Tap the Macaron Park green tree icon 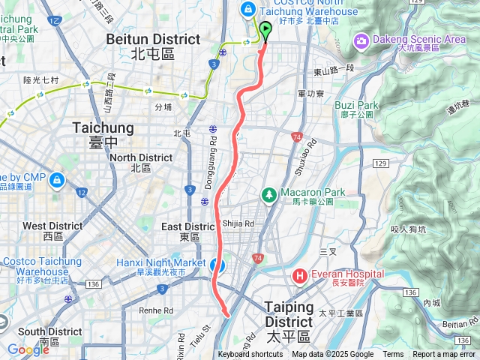[268, 194]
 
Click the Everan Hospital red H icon [301, 275]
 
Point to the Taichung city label [103, 134]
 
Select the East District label [188, 231]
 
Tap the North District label [141, 163]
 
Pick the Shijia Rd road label [238, 223]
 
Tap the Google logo [28, 349]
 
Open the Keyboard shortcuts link [250, 355]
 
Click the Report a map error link [445, 355]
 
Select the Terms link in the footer [393, 355]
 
